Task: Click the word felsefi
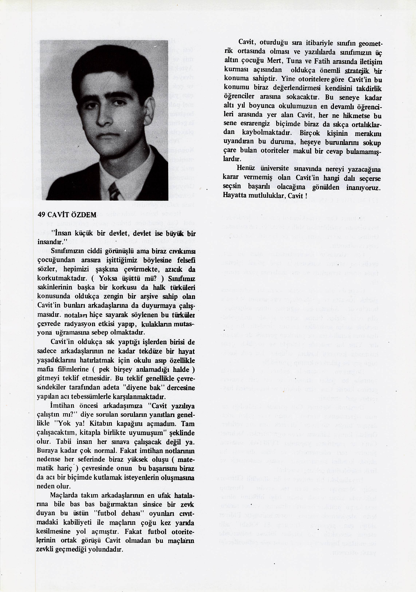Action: [185, 261]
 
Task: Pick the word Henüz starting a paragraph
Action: [246, 168]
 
